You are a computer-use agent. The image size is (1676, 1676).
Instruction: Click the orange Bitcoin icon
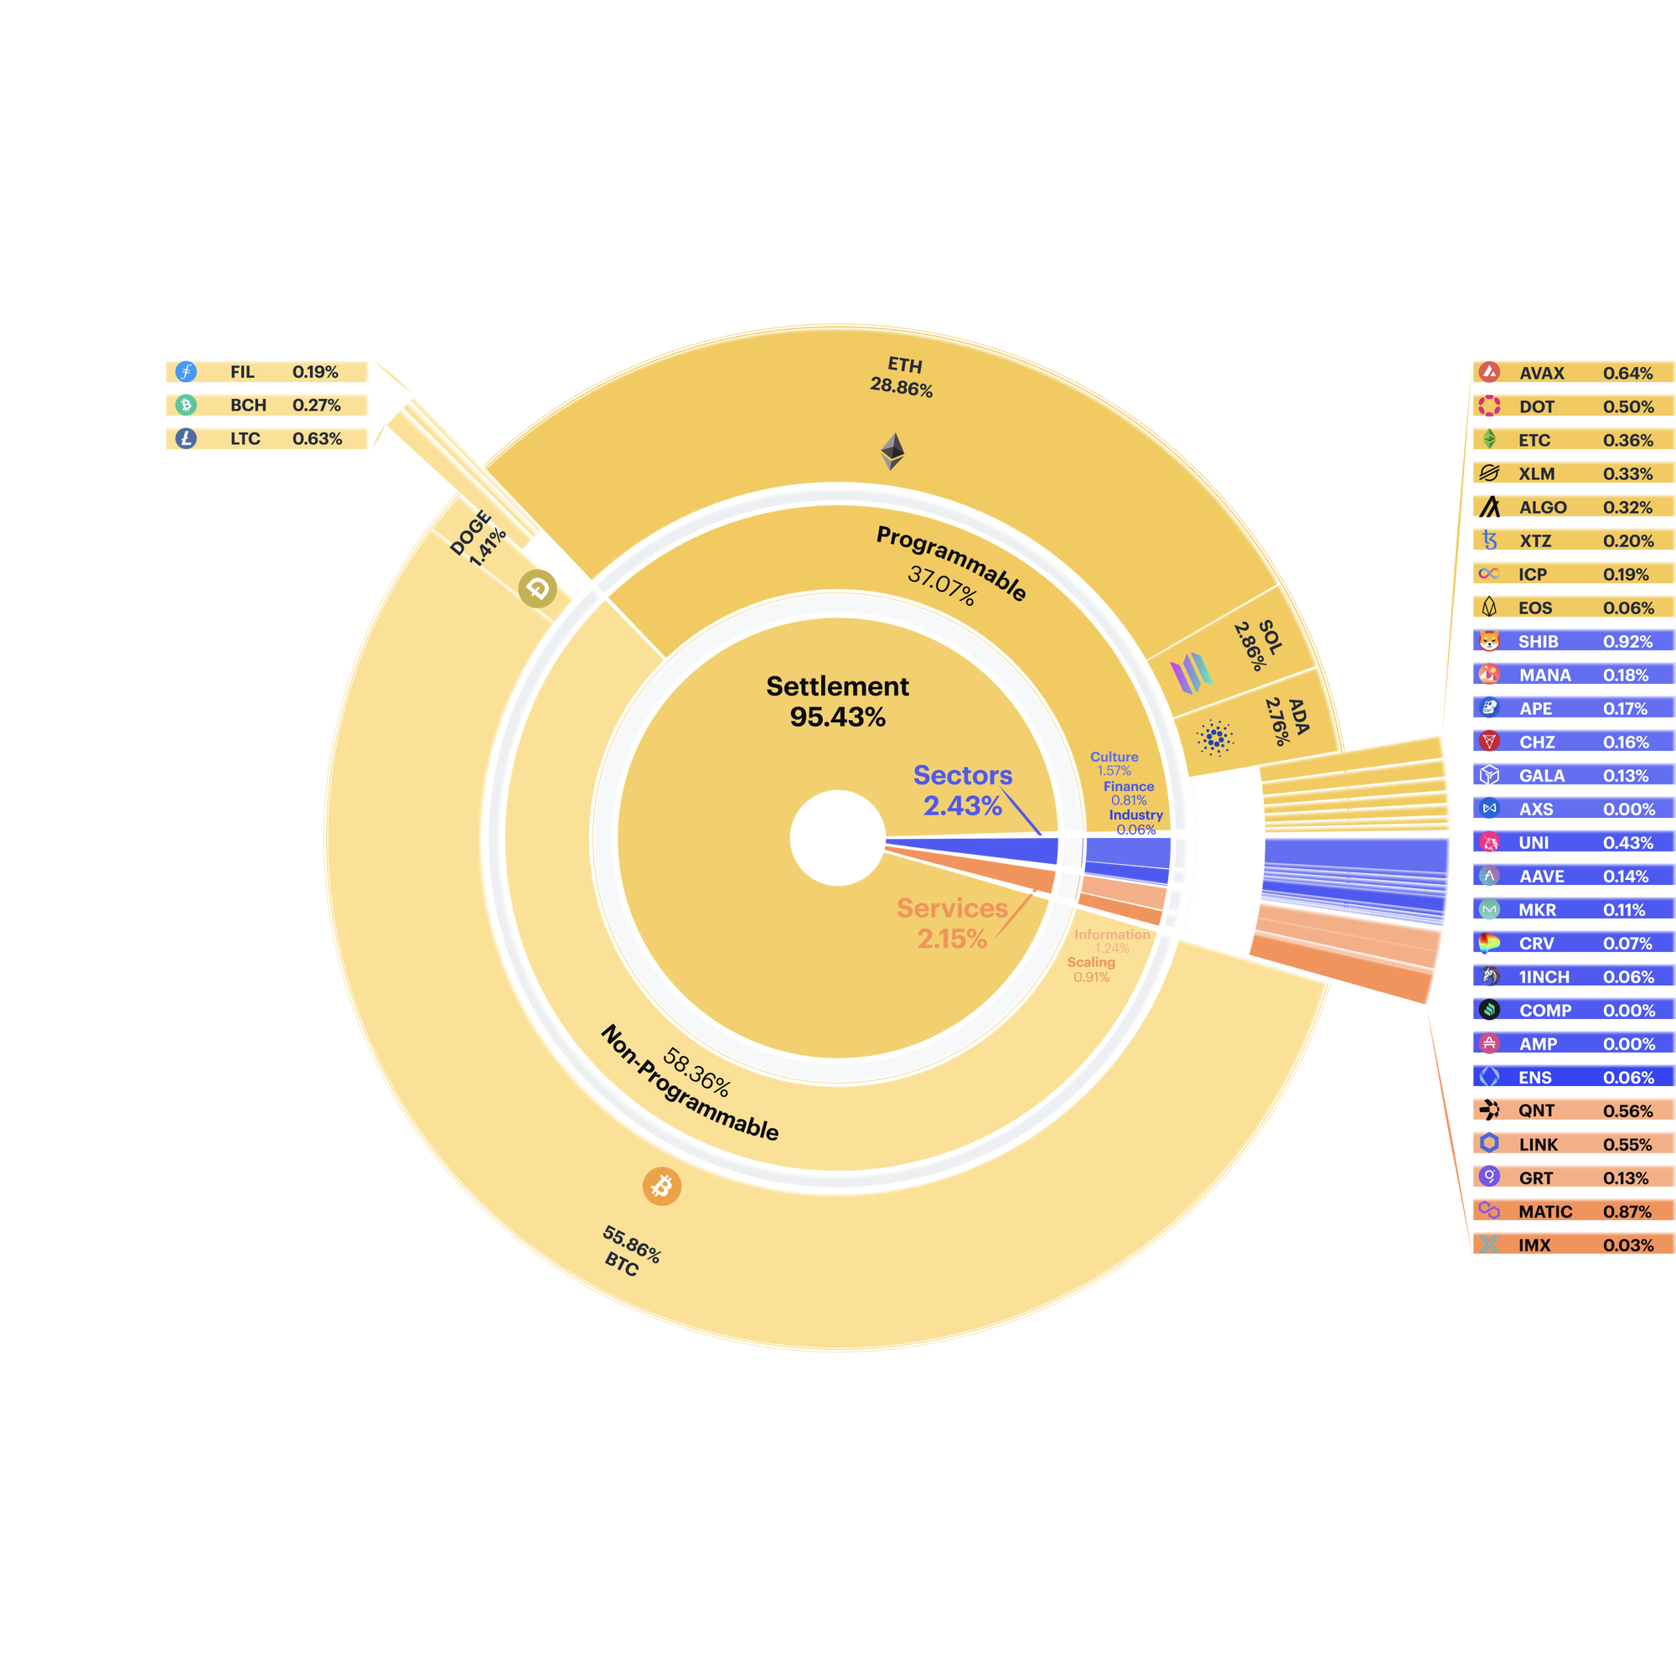662,1186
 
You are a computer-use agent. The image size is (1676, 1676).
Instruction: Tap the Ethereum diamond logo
892,451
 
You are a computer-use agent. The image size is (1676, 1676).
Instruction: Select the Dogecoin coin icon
538,589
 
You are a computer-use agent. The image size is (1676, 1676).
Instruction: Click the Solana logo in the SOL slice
1192,672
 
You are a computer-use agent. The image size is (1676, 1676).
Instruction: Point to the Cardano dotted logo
1215,738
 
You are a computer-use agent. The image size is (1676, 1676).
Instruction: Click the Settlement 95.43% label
837,701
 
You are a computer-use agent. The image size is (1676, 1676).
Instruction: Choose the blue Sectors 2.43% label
963,790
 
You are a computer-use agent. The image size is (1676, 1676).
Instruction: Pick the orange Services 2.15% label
953,923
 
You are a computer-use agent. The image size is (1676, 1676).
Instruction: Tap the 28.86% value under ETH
902,387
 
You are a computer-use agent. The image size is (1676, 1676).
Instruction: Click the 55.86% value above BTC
633,1244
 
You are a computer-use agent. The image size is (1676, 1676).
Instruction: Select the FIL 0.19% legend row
266,372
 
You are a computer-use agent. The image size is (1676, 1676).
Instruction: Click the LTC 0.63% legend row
266,439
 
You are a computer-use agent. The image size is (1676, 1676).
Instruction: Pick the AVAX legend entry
1573,373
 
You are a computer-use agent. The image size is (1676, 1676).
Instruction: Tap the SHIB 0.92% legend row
1573,641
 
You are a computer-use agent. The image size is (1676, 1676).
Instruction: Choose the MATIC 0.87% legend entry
1573,1211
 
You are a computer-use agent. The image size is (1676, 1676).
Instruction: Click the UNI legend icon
1489,842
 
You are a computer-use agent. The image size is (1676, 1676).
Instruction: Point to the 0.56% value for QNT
1627,1111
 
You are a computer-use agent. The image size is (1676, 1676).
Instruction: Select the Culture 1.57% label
1114,763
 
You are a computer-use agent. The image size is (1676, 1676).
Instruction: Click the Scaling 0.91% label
1091,969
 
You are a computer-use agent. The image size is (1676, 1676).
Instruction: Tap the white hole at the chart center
838,838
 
